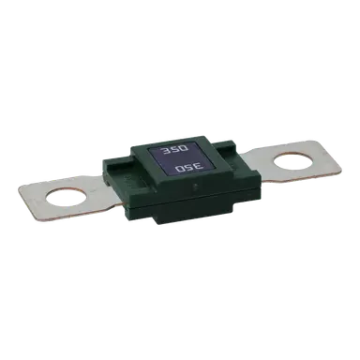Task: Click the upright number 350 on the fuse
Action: [x=173, y=150]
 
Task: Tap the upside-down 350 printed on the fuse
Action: [x=189, y=168]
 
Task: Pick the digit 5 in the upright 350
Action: [x=173, y=150]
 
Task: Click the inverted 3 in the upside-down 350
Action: [x=199, y=167]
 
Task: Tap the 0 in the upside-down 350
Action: [x=180, y=170]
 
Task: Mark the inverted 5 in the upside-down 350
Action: [x=189, y=168]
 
